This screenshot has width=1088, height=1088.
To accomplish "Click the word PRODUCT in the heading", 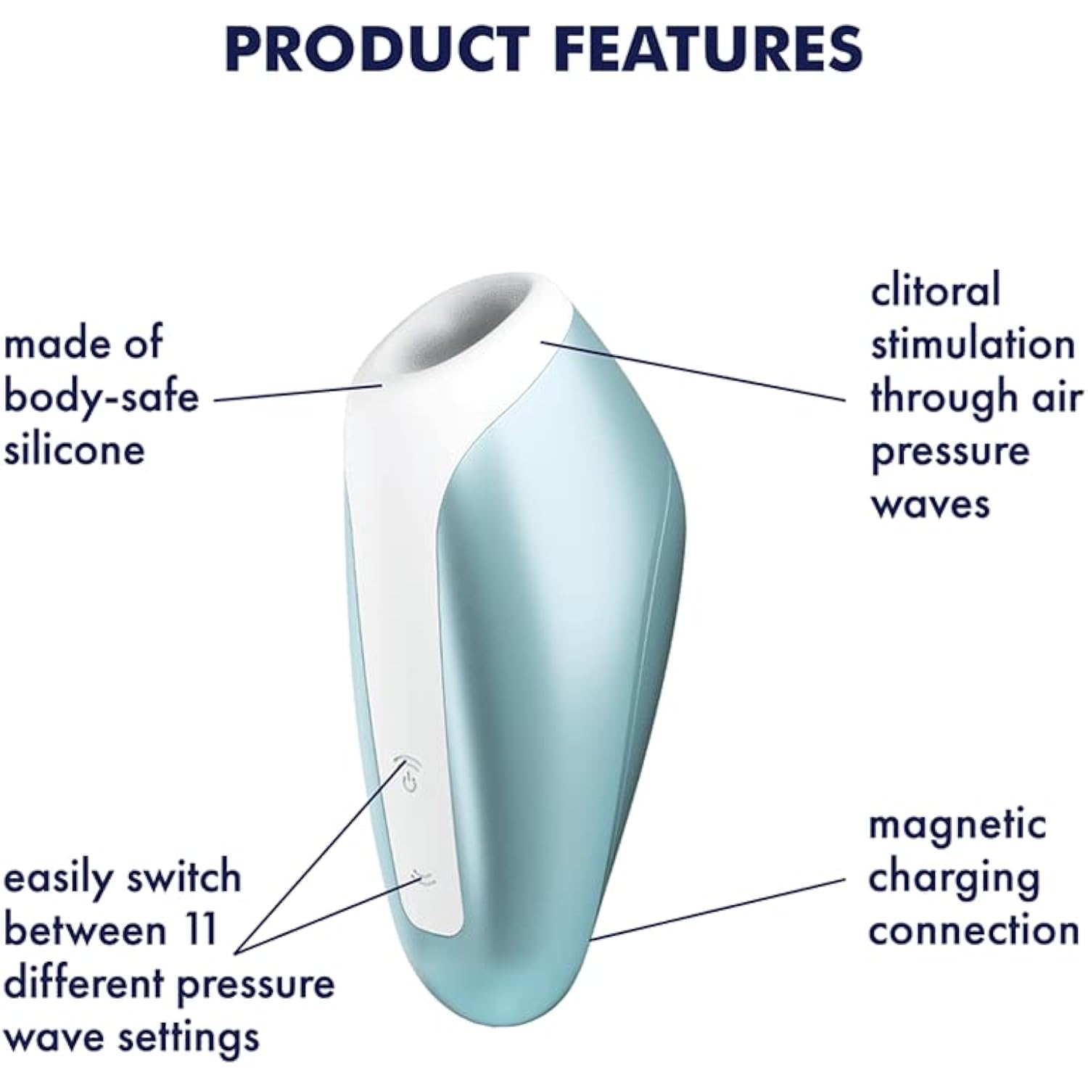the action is pos(378,49).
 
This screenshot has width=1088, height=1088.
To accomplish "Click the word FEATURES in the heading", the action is pos(712,49).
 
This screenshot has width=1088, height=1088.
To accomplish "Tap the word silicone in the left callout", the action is pos(75,450).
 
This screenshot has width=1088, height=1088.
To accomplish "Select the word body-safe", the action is pos(102,397).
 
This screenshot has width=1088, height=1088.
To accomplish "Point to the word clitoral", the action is pos(936,289).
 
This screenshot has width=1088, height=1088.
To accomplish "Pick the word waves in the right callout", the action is pos(931,503).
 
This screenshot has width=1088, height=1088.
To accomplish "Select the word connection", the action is pos(974,931).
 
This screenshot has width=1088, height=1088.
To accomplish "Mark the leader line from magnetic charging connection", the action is pos(718,910).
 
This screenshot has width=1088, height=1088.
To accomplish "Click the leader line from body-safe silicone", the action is pos(298,392).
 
